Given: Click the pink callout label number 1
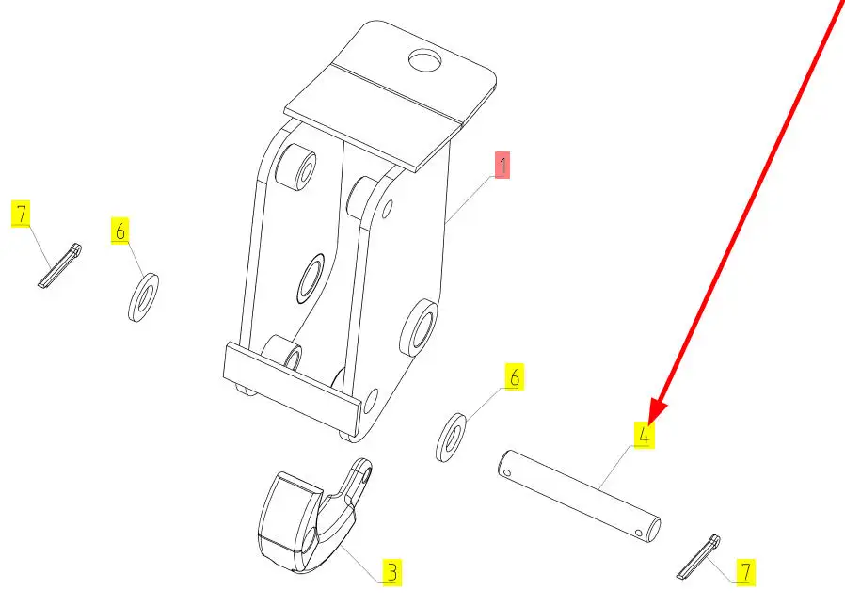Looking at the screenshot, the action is coord(502,167).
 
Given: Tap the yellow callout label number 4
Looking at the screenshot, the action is coord(644,436).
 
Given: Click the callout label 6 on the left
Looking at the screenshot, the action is coord(121,231).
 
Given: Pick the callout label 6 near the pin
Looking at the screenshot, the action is coord(513,377).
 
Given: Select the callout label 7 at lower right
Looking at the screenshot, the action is coord(745,570).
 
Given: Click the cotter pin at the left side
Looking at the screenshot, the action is coord(61,264).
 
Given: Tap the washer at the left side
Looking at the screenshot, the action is coord(143,297).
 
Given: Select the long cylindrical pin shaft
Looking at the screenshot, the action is coord(579,497).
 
